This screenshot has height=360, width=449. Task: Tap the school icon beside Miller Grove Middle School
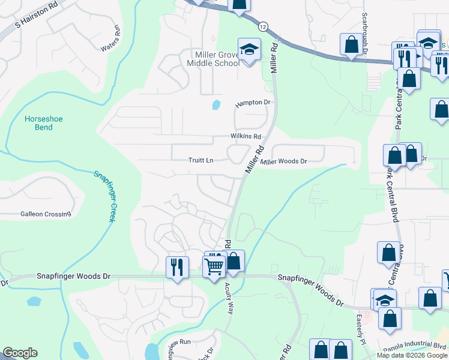tap(249, 49)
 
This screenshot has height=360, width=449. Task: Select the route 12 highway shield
tap(263, 26)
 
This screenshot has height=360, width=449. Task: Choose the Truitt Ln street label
tap(201, 161)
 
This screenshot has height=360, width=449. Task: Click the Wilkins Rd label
tap(246, 136)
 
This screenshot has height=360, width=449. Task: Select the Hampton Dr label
tap(253, 103)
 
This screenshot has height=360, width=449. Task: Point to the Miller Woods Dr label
tap(284, 161)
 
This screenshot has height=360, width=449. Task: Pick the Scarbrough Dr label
tap(364, 34)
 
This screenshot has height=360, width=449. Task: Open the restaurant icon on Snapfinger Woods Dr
tap(177, 267)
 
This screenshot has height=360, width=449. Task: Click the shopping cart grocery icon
tap(214, 265)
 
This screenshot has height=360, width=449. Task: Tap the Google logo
tap(20, 353)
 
